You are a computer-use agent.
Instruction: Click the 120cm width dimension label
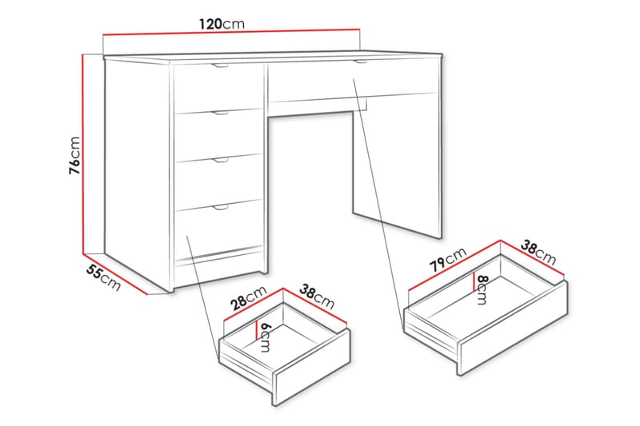point(222,24)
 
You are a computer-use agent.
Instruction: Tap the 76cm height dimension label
point(74,154)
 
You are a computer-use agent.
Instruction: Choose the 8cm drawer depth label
point(481,287)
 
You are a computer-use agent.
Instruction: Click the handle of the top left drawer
point(220,66)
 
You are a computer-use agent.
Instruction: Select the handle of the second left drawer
point(220,113)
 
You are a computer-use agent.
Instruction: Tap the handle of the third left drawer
point(220,160)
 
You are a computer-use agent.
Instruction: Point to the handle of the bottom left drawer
point(220,207)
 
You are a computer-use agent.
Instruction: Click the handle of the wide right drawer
point(359,62)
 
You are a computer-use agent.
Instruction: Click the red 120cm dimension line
point(232,34)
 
